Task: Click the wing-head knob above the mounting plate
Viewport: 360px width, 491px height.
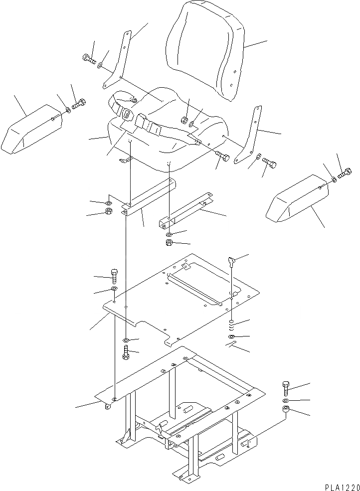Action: pyautogui.click(x=231, y=260)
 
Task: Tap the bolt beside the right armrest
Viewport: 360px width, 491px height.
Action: pyautogui.click(x=345, y=174)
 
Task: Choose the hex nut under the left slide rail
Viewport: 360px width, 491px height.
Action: pyautogui.click(x=108, y=212)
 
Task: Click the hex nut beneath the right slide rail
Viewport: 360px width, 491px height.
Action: pyautogui.click(x=169, y=243)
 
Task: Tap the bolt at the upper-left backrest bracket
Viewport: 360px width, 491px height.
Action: pyautogui.click(x=89, y=60)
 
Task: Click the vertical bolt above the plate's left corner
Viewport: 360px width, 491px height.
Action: pyautogui.click(x=114, y=275)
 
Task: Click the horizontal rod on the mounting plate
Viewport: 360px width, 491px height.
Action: pyautogui.click(x=195, y=289)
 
